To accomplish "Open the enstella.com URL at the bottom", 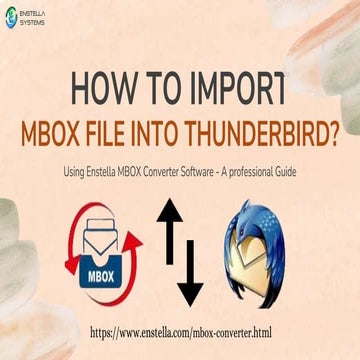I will click(x=180, y=327).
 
